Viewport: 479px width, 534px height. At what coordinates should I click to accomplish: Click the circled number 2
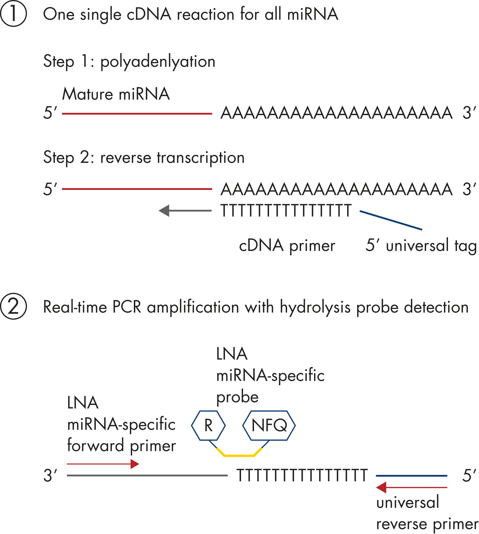pos(13,306)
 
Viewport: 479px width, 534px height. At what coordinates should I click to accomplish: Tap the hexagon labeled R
pos(208,426)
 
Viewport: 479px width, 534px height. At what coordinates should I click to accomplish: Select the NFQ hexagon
pos(269,426)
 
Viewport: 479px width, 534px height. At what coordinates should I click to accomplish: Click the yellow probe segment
pos(239,455)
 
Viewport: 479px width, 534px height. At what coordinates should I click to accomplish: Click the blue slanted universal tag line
pos(391,220)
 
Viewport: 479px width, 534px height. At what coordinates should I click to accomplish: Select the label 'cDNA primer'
pos(287,246)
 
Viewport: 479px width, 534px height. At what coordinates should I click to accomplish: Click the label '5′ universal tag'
pos(421,246)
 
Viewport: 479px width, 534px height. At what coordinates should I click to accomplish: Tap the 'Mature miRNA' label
pos(116,94)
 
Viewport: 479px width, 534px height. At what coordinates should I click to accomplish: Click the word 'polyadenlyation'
pos(158,62)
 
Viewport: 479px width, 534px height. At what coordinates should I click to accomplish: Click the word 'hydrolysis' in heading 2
pos(315,307)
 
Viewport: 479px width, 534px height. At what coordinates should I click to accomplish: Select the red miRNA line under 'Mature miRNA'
pos(137,114)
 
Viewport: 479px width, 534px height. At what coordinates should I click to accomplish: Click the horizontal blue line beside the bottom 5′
pos(411,476)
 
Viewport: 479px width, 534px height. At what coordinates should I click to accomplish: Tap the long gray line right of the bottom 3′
pos(147,475)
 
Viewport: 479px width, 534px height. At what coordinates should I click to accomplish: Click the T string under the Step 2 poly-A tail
pos(286,211)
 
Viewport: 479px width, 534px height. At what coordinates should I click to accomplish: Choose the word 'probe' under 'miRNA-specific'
pos(237,397)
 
